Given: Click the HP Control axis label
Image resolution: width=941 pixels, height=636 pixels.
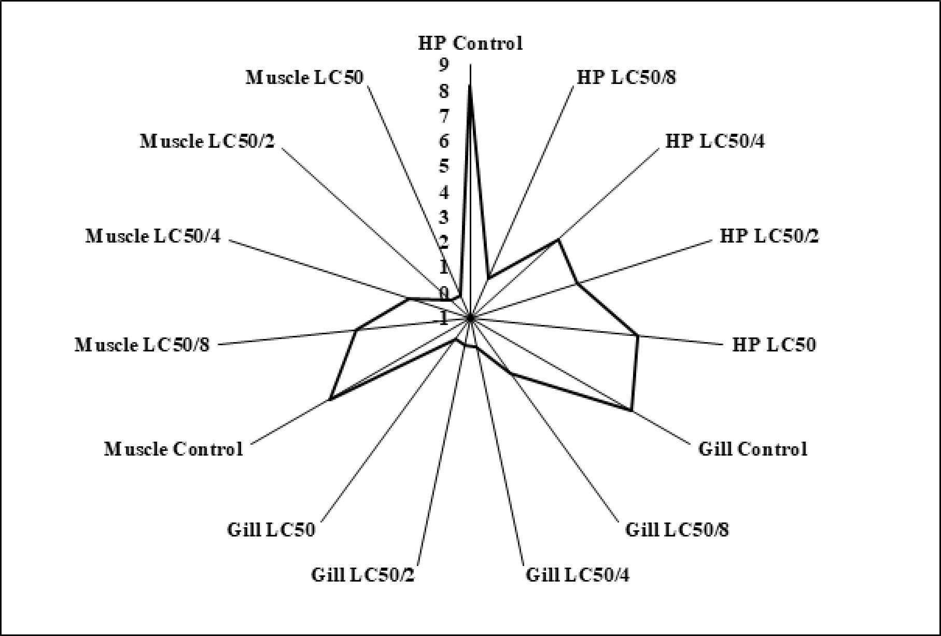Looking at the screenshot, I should (x=470, y=44).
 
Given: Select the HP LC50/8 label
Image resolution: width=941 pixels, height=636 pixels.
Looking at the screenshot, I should (x=626, y=78).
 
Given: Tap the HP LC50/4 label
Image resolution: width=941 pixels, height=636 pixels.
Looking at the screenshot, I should (x=714, y=141).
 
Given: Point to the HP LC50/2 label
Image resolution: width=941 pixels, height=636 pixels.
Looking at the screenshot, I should (x=769, y=236).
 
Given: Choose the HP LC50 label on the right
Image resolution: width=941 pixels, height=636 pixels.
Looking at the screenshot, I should (x=774, y=345).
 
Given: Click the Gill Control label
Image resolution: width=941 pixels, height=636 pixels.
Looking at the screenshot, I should (x=753, y=449).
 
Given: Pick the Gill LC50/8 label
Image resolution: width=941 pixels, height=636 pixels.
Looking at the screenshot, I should (x=677, y=530).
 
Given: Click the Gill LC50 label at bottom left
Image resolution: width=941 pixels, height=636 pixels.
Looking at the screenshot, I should (x=271, y=530).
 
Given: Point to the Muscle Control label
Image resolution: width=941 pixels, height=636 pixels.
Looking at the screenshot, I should (x=173, y=449).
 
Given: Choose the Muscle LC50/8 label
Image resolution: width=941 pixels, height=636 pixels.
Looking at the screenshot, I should (x=142, y=345).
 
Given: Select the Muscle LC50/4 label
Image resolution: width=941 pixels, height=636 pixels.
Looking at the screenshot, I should (x=153, y=236).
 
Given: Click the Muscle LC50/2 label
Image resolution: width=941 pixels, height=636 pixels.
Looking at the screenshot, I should (x=207, y=141).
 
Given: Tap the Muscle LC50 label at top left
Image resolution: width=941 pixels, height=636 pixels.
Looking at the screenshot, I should (x=304, y=78).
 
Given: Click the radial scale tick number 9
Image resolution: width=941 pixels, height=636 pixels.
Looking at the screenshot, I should (x=444, y=65).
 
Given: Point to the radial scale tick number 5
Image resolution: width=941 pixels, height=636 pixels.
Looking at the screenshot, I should (x=444, y=167).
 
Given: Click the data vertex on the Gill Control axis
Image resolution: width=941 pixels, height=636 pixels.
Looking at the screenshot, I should (x=631, y=411).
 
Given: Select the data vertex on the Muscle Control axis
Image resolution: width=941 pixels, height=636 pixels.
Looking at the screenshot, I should (x=330, y=399).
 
